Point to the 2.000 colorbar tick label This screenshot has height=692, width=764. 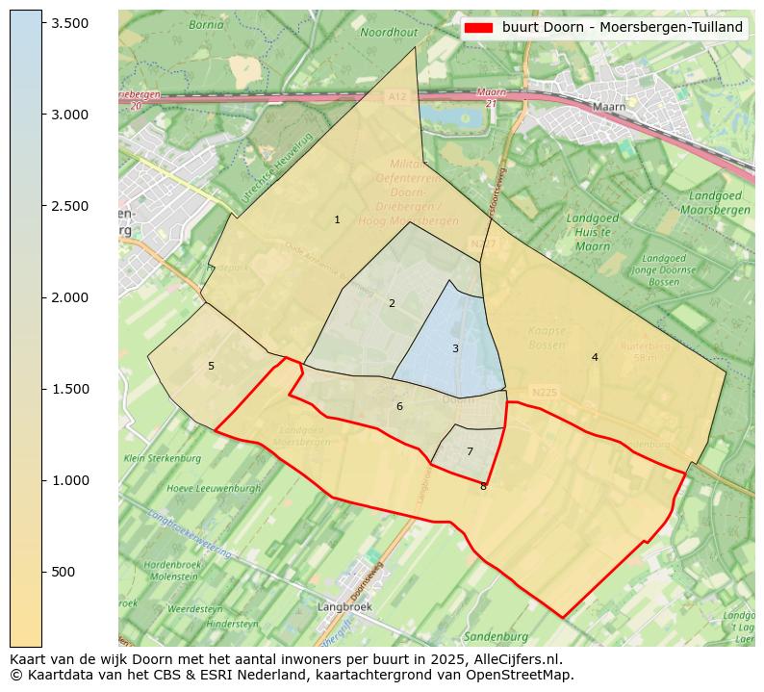pyautogui.click(x=69, y=297)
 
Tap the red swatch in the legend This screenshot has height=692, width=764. pyautogui.click(x=478, y=28)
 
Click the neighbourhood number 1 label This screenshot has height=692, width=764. pyautogui.click(x=337, y=220)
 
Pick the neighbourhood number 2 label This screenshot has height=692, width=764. pyautogui.click(x=392, y=304)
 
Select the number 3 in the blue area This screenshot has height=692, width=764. pyautogui.click(x=455, y=348)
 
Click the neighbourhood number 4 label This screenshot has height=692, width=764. pyautogui.click(x=595, y=358)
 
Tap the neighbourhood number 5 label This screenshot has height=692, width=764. pyautogui.click(x=211, y=367)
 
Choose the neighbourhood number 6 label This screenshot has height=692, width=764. pyautogui.click(x=399, y=407)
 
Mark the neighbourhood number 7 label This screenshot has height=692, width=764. pyautogui.click(x=470, y=452)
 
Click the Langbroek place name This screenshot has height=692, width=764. pyautogui.click(x=344, y=607)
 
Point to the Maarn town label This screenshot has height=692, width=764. pyautogui.click(x=609, y=107)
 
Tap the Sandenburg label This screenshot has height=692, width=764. pyautogui.click(x=496, y=636)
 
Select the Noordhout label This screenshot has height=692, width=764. pyautogui.click(x=389, y=33)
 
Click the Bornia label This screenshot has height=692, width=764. pyautogui.click(x=206, y=25)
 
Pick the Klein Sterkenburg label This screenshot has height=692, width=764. pyautogui.click(x=161, y=458)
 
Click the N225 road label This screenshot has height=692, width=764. pyautogui.click(x=544, y=393)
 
